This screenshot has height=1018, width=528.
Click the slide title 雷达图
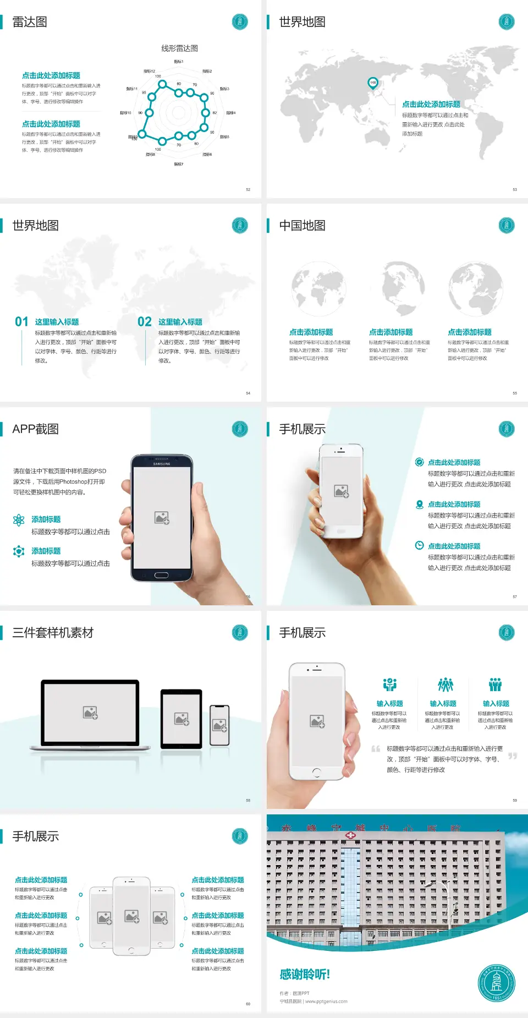pos(30,22)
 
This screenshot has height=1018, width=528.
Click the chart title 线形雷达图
pos(179,48)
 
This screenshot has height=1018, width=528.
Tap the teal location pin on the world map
pos(373,83)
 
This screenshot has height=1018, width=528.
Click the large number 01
pos(21,322)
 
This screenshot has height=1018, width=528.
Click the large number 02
pos(145,322)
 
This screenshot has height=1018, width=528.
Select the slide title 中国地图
pos(302,226)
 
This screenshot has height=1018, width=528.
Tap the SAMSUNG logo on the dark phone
pos(162,464)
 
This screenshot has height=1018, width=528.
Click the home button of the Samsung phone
pos(161,575)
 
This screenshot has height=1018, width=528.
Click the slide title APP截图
pos(36,429)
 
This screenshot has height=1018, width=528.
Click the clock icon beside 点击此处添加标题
pos(419,545)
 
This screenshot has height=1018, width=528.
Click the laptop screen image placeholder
pos(90,713)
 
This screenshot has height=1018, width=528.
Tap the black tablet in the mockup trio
pos(182,718)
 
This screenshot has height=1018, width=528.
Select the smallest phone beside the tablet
pos(219,725)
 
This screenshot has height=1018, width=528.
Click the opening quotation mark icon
pos(376,749)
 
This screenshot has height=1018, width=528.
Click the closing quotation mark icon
pos(512,756)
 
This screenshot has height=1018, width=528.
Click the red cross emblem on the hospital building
pos(350,835)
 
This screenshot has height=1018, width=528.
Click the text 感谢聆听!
pos(305,975)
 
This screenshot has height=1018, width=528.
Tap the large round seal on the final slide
pos(496,983)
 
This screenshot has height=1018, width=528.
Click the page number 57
pos(515,596)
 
